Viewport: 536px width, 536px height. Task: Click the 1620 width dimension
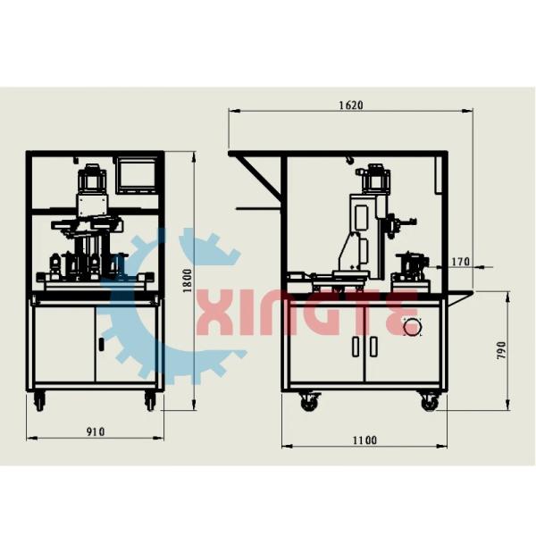(350, 105)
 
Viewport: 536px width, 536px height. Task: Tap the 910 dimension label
(96, 431)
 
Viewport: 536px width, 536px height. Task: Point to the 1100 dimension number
(364, 440)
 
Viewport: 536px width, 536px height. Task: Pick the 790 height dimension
(501, 349)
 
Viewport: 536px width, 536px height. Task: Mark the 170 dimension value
(460, 262)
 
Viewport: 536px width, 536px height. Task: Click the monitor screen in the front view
(137, 174)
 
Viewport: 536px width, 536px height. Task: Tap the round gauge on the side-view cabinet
(412, 327)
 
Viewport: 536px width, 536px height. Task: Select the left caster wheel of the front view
(39, 402)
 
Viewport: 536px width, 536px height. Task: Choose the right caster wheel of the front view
(150, 402)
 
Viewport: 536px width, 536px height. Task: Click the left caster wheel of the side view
(309, 402)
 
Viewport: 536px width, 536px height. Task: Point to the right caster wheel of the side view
(430, 402)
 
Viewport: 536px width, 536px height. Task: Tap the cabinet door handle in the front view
(101, 344)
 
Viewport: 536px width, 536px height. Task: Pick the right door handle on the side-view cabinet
(373, 346)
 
